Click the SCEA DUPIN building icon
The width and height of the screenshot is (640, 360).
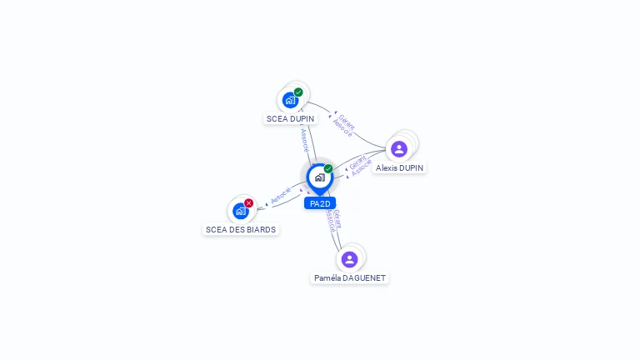(290, 100)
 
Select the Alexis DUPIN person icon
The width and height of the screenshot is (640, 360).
(399, 149)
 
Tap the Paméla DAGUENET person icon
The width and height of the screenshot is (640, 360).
(350, 259)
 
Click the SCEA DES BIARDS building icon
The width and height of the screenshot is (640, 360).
(241, 211)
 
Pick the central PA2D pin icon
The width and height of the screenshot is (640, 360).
(319, 177)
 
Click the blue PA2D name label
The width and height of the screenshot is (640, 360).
(320, 203)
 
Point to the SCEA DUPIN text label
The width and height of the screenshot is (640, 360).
(290, 119)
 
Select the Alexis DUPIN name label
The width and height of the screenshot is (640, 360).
(399, 168)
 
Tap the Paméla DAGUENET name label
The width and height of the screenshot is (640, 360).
(350, 278)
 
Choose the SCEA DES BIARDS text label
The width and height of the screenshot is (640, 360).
(241, 229)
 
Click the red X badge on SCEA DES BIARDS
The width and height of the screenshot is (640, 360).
(248, 203)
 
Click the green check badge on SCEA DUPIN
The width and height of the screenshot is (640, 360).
(298, 92)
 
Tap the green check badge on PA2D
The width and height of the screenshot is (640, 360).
(328, 169)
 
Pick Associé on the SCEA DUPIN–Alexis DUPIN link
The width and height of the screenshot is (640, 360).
(342, 127)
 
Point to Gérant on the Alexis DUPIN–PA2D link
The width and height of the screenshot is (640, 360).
(357, 160)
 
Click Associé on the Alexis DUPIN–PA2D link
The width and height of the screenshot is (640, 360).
(361, 167)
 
